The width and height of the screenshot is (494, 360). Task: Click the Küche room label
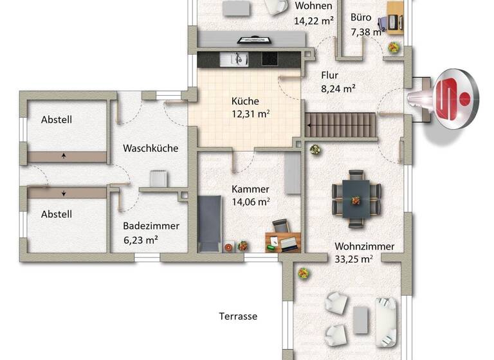(245, 101)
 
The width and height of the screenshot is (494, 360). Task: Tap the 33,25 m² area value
(354, 260)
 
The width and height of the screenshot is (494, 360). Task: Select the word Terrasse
(238, 316)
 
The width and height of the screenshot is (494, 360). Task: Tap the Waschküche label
(151, 148)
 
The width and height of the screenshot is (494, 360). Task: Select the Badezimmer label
(151, 226)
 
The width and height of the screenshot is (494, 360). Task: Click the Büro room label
(361, 18)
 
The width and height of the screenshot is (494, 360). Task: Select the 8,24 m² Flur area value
(338, 89)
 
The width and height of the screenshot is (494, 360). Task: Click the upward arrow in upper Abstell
(64, 156)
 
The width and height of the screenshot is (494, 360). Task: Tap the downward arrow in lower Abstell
(64, 192)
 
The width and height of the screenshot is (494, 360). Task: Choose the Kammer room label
(250, 190)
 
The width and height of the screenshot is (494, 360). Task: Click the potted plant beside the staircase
(315, 150)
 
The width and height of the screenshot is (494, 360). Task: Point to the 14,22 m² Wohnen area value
(313, 20)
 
